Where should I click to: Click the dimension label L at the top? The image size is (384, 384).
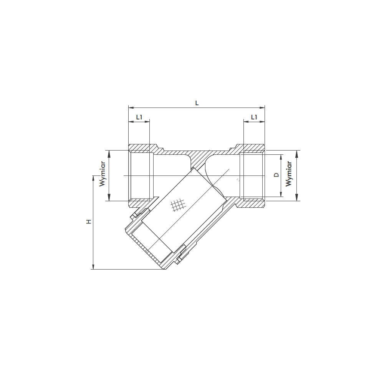(x=197, y=103)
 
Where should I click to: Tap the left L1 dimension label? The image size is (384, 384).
(x=139, y=117)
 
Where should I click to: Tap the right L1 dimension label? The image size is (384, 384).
(x=254, y=117)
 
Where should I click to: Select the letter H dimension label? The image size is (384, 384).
(x=89, y=222)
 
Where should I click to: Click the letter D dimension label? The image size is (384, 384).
(x=276, y=175)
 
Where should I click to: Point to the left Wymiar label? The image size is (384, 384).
(x=103, y=174)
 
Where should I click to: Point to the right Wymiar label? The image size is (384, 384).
(x=289, y=174)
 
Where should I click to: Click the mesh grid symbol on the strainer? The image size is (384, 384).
(x=177, y=205)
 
